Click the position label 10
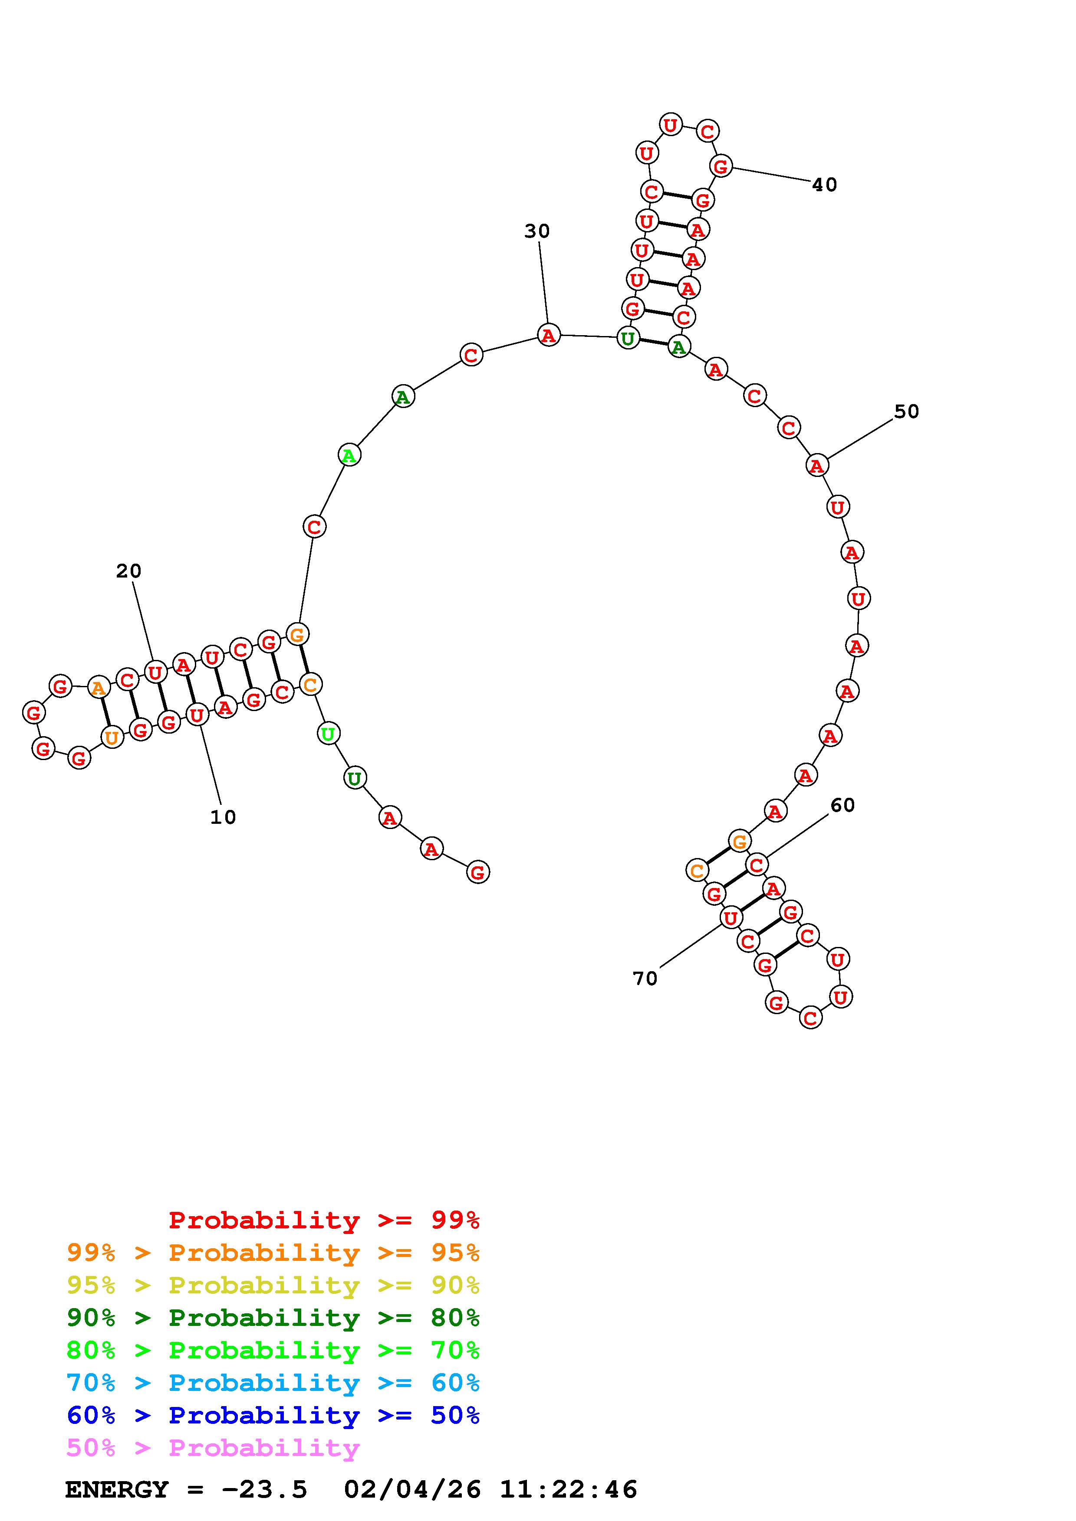pos(223,817)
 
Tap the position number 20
pos(128,571)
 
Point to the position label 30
pos(537,231)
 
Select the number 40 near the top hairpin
pos(825,185)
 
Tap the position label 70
pos(645,979)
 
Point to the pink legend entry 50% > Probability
pos(213,1448)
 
